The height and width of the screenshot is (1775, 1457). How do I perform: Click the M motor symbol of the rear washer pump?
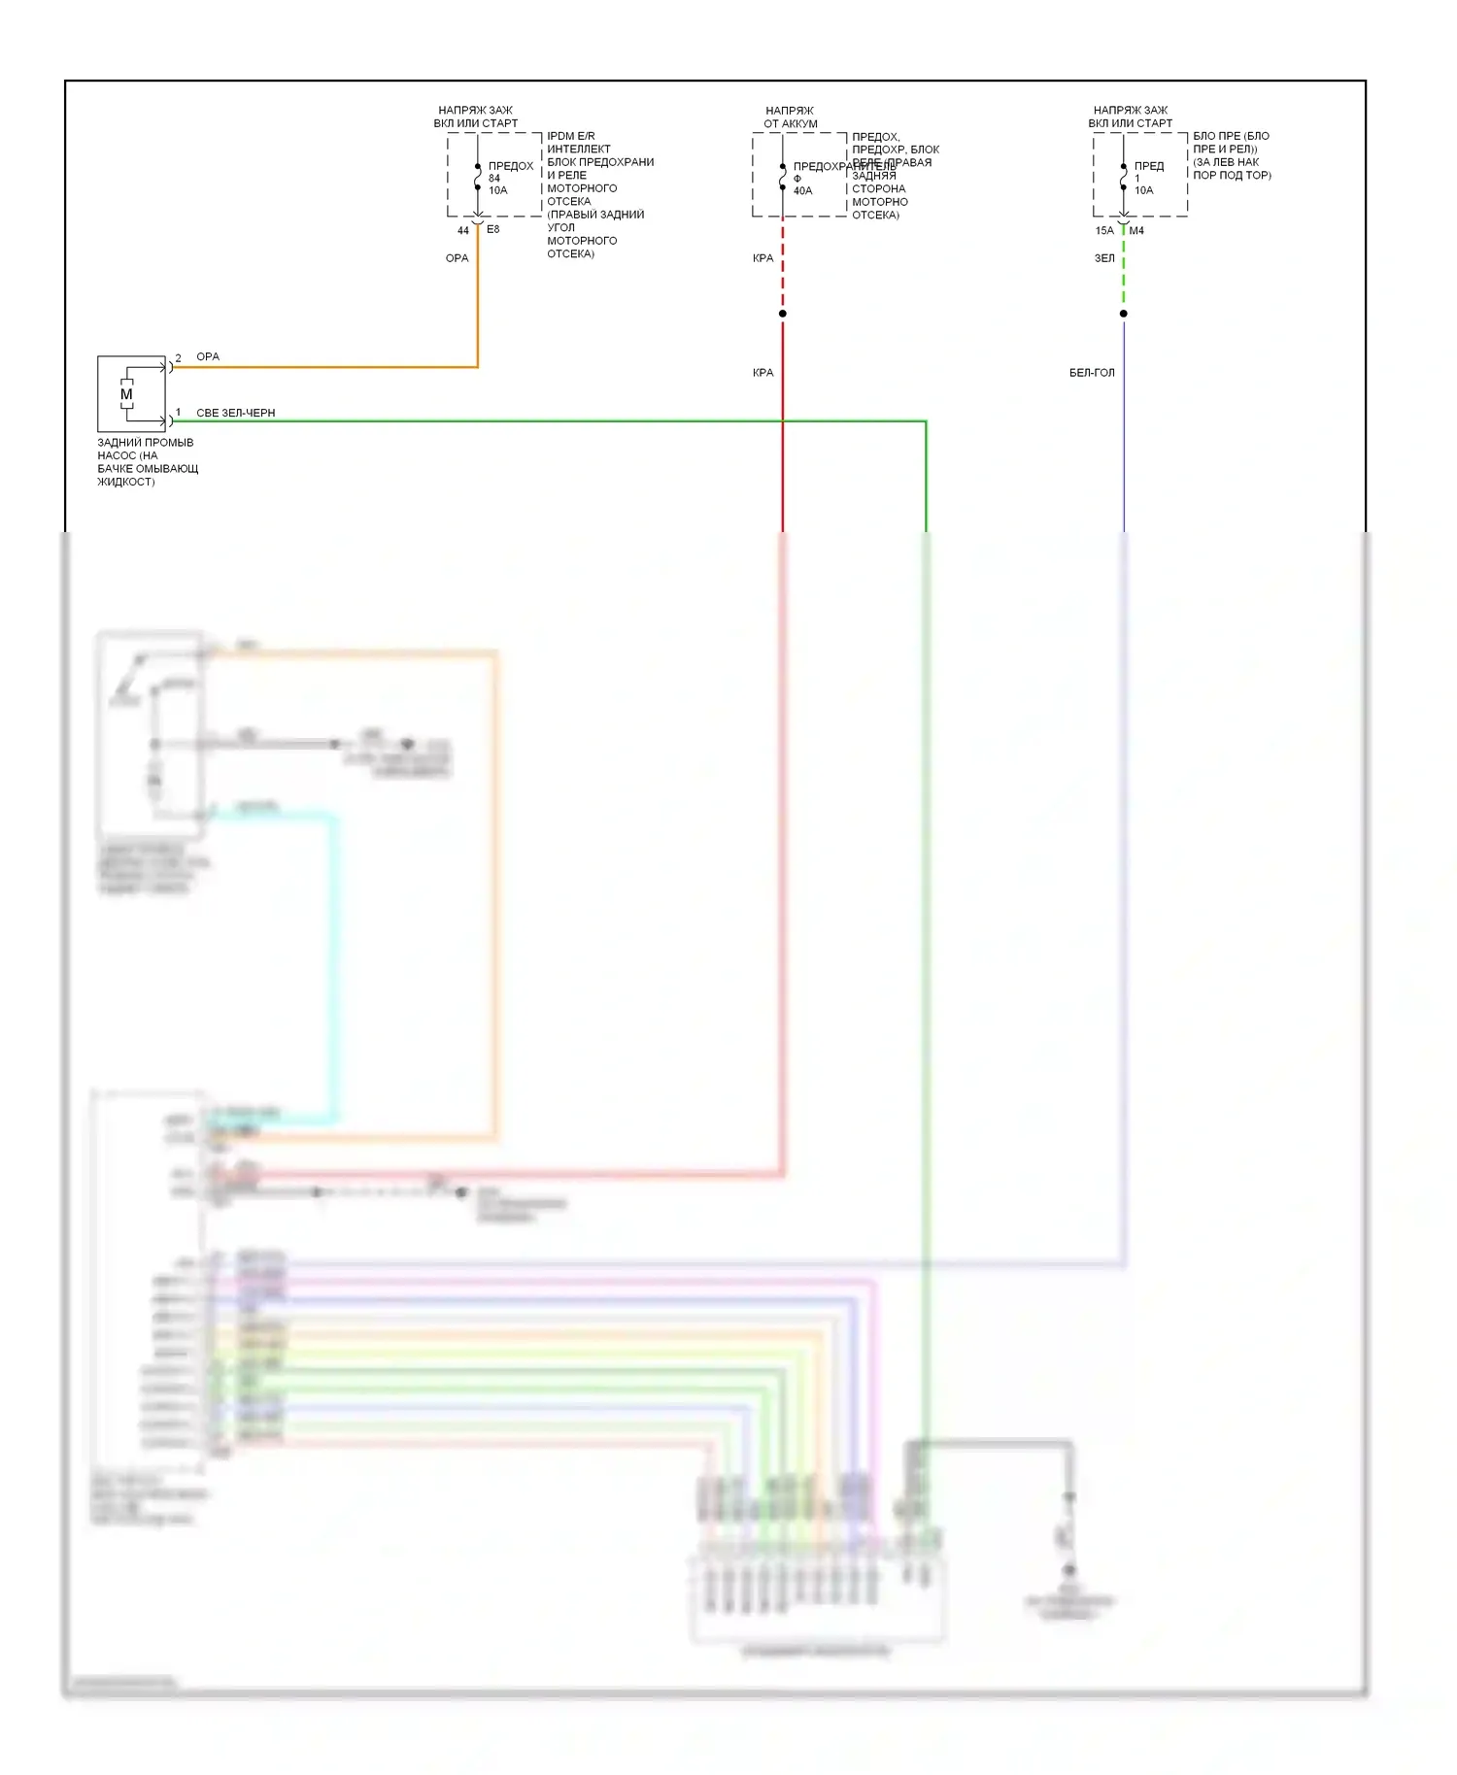(x=126, y=394)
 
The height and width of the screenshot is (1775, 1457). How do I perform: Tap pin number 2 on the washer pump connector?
(x=178, y=358)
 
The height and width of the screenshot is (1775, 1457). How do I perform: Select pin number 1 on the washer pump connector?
(x=178, y=413)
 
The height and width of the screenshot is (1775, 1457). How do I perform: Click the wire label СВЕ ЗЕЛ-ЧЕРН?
(x=235, y=414)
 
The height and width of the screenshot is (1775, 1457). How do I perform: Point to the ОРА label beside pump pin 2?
(x=208, y=357)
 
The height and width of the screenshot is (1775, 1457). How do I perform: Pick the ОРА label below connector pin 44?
(x=457, y=258)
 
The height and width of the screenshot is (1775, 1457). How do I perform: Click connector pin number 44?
(x=463, y=231)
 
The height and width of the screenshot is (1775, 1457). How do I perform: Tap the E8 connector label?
(x=492, y=230)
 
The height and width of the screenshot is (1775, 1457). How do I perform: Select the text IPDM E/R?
(x=571, y=137)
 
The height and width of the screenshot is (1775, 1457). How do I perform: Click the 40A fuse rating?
(x=802, y=191)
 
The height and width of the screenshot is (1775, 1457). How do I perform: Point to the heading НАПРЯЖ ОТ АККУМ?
(x=790, y=117)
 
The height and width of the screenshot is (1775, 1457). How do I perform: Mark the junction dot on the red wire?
(x=783, y=314)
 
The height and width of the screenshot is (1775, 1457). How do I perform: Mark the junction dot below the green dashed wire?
(x=1124, y=314)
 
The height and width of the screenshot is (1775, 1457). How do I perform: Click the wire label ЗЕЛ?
(x=1104, y=258)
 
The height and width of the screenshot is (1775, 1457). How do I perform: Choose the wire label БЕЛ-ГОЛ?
(x=1092, y=373)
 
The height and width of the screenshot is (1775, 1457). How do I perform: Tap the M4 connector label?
(x=1136, y=231)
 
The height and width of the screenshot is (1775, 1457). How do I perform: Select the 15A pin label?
(x=1104, y=231)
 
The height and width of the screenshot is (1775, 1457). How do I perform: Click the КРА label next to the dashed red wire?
(x=762, y=258)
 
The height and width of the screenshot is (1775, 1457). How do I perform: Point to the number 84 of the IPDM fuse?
(x=494, y=179)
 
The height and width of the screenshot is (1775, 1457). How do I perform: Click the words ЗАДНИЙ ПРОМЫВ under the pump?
(x=146, y=443)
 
